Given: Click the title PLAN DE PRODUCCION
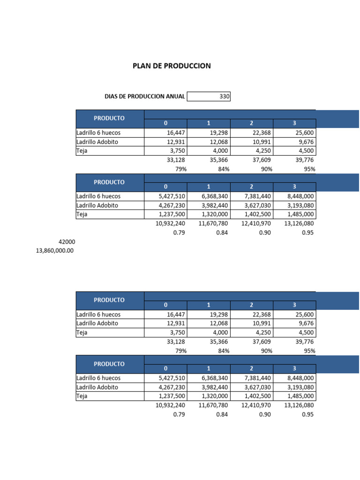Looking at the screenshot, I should pyautogui.click(x=172, y=66).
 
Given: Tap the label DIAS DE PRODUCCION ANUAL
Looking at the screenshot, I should pyautogui.click(x=145, y=97).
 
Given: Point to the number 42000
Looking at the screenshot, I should pyautogui.click(x=67, y=242).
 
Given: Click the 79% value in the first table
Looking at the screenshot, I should pyautogui.click(x=180, y=169).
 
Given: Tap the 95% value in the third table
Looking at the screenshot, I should pyautogui.click(x=309, y=351).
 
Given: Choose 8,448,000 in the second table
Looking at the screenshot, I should pyautogui.click(x=300, y=196).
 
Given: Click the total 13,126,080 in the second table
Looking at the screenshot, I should pyautogui.click(x=299, y=224).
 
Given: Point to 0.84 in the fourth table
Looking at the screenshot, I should pyautogui.click(x=222, y=414).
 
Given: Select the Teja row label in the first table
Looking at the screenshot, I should pyautogui.click(x=83, y=151).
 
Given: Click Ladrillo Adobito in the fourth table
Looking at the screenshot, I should pyautogui.click(x=97, y=388).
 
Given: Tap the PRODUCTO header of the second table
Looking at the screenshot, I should pyautogui.click(x=109, y=182).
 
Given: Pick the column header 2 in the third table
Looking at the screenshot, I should pyautogui.click(x=252, y=305).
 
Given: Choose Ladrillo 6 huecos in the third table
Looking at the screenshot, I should pyautogui.click(x=98, y=315).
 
